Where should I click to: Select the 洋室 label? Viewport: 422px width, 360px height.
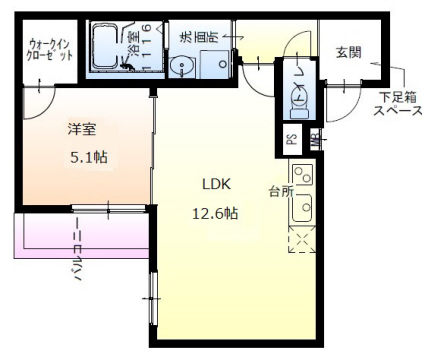pyautogui.click(x=81, y=129)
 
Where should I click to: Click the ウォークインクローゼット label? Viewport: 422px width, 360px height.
pyautogui.click(x=51, y=49)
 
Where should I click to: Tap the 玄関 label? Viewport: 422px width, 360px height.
pyautogui.click(x=348, y=52)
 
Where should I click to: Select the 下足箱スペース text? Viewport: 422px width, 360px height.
pyautogui.click(x=398, y=103)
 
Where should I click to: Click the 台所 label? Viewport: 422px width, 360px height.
pyautogui.click(x=280, y=189)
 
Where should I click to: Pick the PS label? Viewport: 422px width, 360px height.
pyautogui.click(x=292, y=140)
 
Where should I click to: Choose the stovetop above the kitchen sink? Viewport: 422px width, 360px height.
pyautogui.click(x=302, y=177)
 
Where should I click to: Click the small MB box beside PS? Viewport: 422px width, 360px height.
pyautogui.click(x=313, y=140)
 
